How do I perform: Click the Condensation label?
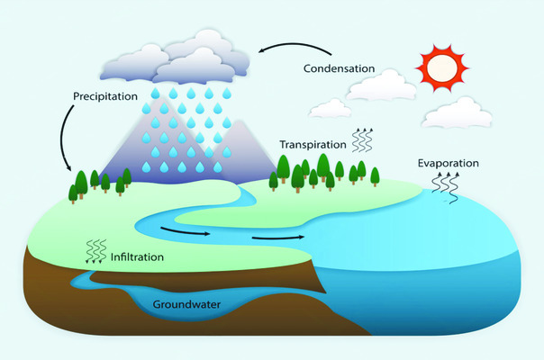[x=340, y=67]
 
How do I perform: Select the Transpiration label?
[x=313, y=143]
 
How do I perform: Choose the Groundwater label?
[x=186, y=303]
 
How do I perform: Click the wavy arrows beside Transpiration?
[x=362, y=139]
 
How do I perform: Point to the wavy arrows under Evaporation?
[x=443, y=188]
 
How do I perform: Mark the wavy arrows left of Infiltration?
[x=94, y=249]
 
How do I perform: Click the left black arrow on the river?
[x=185, y=231]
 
